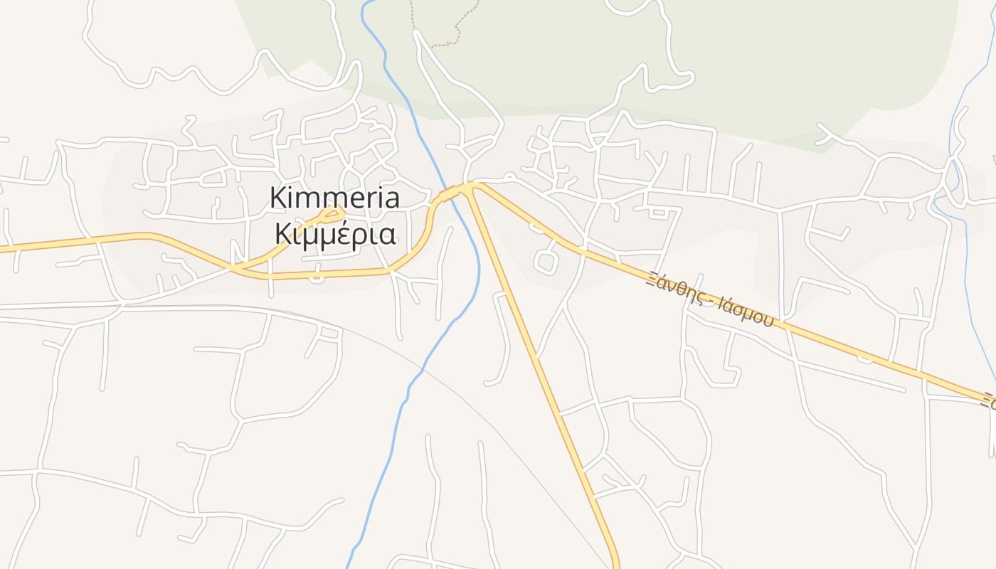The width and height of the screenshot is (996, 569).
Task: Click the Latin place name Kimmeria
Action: point(334,198)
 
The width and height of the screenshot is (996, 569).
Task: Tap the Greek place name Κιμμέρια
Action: point(334,233)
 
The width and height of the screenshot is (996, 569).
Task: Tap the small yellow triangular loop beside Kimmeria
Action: point(332,212)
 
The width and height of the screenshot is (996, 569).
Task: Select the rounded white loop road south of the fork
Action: point(546,262)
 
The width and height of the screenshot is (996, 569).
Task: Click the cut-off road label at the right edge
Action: point(989,400)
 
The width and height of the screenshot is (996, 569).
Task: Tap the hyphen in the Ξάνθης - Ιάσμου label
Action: point(711,302)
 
